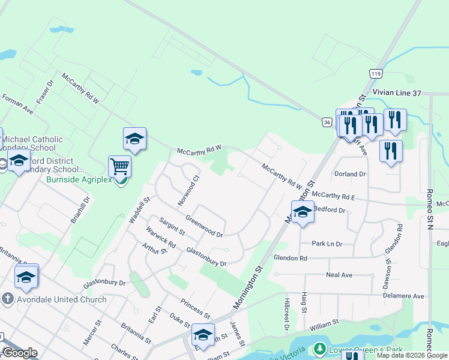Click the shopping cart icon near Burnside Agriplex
click(120, 166)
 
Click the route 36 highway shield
click(327, 122)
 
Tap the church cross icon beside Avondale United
click(7, 299)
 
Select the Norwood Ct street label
click(188, 191)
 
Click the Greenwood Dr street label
click(204, 226)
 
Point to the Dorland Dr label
click(351, 174)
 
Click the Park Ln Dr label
click(327, 244)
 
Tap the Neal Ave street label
click(339, 275)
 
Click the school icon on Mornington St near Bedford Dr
click(302, 212)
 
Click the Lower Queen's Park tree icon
click(319, 349)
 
